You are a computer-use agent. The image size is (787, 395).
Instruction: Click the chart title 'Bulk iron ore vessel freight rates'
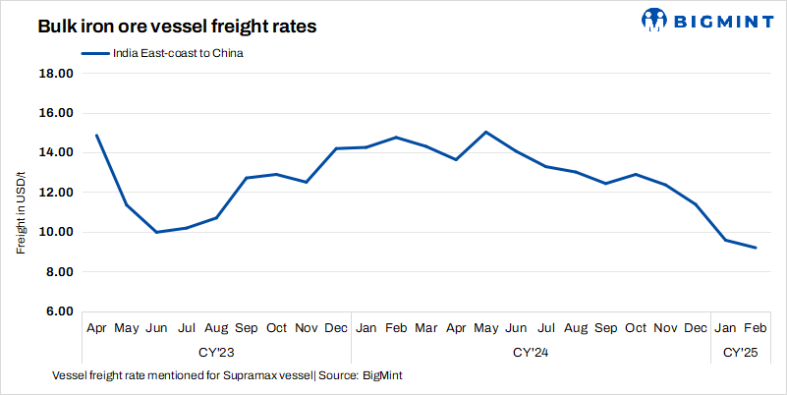point(177,28)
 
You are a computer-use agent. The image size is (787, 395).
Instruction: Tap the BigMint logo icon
point(655,20)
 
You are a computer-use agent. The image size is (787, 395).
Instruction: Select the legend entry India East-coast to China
point(162,54)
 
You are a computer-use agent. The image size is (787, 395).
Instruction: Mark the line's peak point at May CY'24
point(486,132)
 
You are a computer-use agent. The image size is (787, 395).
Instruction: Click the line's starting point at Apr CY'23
point(96,135)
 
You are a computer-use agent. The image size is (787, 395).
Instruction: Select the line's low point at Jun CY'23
point(156,232)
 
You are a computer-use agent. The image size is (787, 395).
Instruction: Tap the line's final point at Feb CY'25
point(756,248)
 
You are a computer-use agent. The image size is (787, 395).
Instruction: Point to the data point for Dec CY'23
point(336,148)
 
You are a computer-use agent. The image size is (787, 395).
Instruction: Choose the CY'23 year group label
point(216,351)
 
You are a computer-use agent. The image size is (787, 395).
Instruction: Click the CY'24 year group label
point(531,351)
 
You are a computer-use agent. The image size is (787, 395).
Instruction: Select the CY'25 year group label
point(741,351)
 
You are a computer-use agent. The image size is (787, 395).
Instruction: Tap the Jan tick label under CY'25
point(726,327)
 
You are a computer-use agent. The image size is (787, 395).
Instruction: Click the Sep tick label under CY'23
point(247,327)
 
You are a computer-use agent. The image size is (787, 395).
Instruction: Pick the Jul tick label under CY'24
point(546,327)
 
